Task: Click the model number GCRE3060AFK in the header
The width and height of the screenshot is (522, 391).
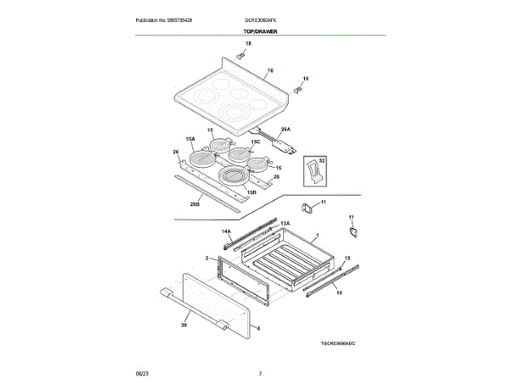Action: (x=260, y=20)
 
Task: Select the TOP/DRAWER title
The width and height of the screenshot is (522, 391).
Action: (x=260, y=32)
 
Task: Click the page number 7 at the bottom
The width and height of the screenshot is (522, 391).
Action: (x=260, y=374)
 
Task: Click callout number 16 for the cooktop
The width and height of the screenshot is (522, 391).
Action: (x=271, y=71)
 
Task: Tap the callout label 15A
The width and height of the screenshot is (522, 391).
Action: (x=190, y=139)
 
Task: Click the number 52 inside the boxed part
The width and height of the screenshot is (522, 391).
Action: (x=321, y=161)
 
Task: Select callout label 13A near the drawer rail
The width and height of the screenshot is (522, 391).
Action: (x=285, y=222)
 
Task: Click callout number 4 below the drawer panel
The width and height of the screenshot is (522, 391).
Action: (x=259, y=328)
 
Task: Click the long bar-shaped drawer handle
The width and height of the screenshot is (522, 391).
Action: (x=195, y=310)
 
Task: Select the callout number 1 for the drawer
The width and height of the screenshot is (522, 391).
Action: (x=316, y=236)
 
